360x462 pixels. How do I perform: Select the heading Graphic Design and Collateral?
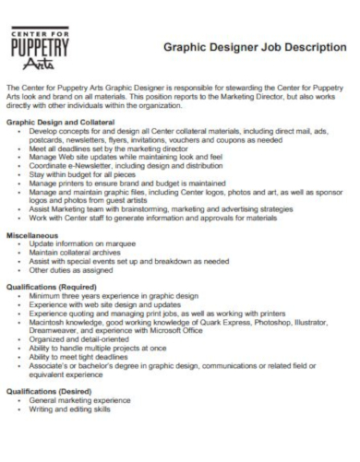coord(61,122)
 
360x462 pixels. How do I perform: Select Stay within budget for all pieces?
coord(90,172)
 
